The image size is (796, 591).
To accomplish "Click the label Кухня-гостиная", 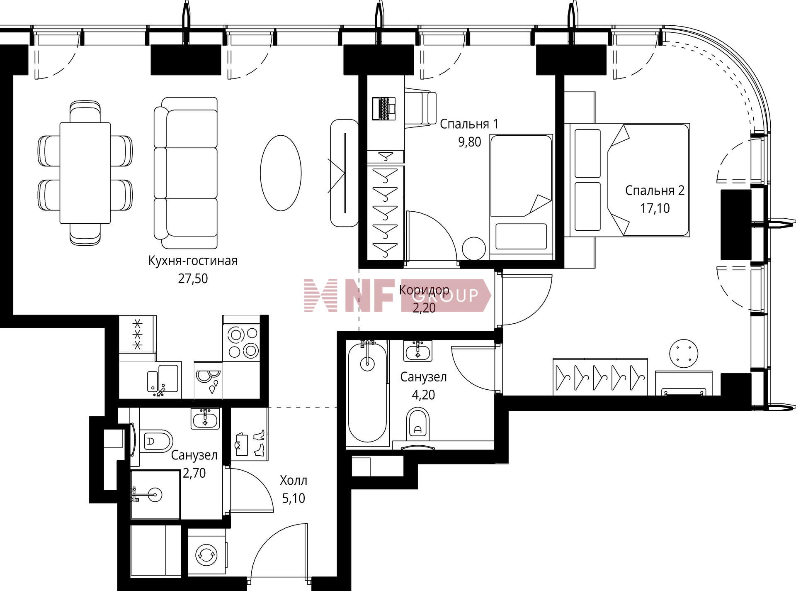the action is [193, 261].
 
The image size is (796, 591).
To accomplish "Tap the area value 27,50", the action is [193, 278].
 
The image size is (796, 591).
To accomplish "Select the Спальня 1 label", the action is [469, 124].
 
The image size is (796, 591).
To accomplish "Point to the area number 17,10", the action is [655, 208].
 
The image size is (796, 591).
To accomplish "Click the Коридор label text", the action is [424, 290].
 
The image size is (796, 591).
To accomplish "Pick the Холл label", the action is [294, 481].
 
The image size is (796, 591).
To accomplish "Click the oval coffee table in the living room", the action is [281, 173].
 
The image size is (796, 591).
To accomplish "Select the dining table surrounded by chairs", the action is [85, 173].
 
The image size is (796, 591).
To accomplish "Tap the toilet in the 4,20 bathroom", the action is [417, 423].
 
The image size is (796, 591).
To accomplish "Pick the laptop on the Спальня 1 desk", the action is [383, 108].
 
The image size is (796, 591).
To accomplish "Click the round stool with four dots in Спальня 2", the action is [684, 354].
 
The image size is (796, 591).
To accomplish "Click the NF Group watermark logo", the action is [397, 295].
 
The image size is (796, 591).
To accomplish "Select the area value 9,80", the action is [469, 142].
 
